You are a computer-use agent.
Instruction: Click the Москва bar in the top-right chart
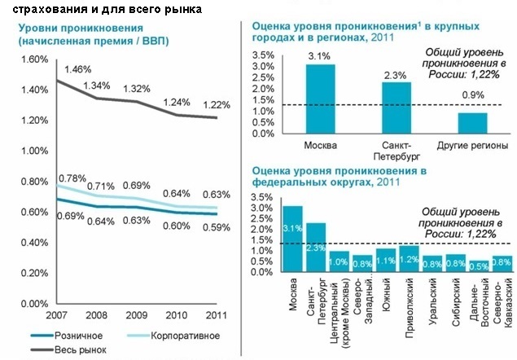coord(320,99)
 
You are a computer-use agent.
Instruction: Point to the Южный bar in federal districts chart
coord(386,260)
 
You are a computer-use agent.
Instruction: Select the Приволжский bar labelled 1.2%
coord(410,259)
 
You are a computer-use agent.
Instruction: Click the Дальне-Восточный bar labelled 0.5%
coord(480,266)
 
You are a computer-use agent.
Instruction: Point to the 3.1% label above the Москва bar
coord(320,55)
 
